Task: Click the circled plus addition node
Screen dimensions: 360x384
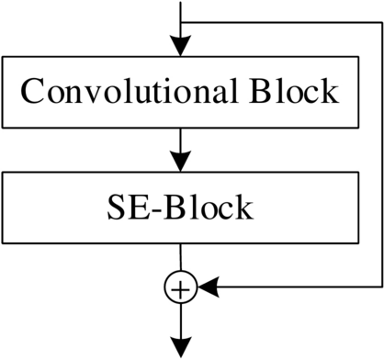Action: click(x=181, y=288)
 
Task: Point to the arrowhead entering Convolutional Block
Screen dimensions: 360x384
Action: click(x=181, y=47)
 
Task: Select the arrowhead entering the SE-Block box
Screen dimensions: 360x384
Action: click(x=181, y=162)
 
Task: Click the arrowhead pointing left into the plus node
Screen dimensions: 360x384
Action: click(x=208, y=288)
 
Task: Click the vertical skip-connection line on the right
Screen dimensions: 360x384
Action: click(x=378, y=147)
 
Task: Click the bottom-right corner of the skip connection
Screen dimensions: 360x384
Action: click(x=378, y=288)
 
